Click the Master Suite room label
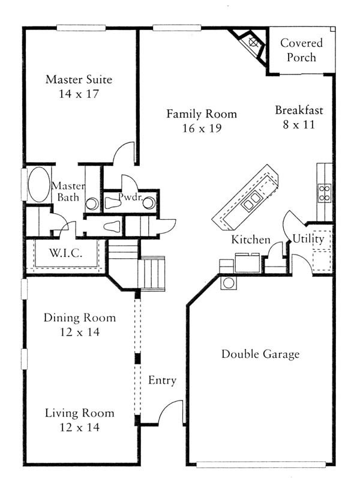coord(79,79)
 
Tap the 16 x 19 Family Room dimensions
coord(202,129)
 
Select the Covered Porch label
coord(301,50)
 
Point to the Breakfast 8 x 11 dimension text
coord(299,125)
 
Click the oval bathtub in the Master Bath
coord(39,184)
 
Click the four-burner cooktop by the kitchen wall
coord(324,193)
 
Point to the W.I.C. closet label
coord(66,253)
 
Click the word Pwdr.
coord(131,197)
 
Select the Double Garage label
coord(260,354)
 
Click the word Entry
coord(162,381)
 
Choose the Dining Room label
coord(79,318)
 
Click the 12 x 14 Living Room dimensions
coord(79,428)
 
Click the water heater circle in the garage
coord(229,283)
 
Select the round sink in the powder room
coord(149,203)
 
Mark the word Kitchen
coord(251,240)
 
